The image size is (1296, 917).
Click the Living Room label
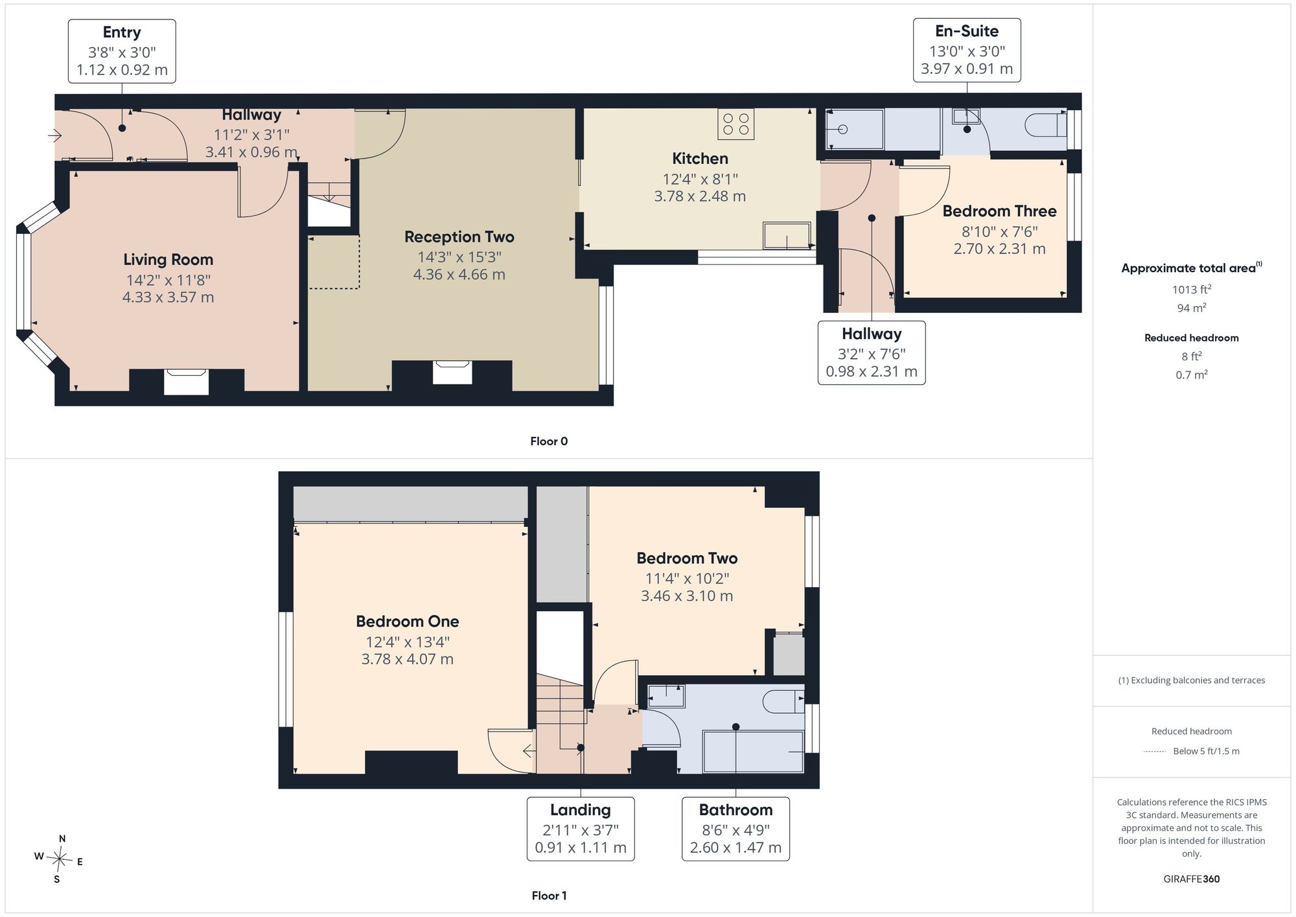tap(168, 260)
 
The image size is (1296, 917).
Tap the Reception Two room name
tap(459, 237)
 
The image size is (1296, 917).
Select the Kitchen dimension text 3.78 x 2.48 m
tap(700, 196)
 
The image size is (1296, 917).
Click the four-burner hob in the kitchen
tap(736, 124)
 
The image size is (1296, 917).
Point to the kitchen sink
tap(787, 235)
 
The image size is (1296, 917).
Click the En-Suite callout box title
tap(967, 31)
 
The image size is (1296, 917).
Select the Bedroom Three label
tap(999, 211)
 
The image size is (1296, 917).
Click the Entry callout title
tap(122, 32)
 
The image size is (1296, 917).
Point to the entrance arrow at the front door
tap(54, 136)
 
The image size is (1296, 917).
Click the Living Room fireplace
tap(186, 382)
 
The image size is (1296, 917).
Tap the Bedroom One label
tap(408, 621)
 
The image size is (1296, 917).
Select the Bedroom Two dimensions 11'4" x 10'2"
tap(687, 579)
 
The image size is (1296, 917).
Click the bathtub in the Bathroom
tap(754, 752)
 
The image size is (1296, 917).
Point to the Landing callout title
tap(581, 810)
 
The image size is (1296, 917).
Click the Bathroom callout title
tap(735, 810)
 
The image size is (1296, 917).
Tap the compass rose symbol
tap(59, 861)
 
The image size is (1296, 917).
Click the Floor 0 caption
tap(549, 441)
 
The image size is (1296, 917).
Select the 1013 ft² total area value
tap(1192, 289)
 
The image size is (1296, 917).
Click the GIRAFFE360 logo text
tap(1192, 879)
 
